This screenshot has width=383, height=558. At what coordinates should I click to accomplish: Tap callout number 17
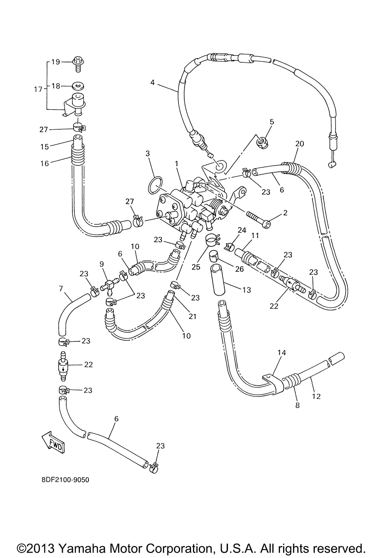(x=38, y=89)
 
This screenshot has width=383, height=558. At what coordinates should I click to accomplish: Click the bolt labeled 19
(x=78, y=64)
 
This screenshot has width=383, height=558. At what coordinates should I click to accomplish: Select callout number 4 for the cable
(x=152, y=82)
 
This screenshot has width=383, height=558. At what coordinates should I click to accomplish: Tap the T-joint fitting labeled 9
(x=110, y=284)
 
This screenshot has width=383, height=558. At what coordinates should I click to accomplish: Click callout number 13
(x=246, y=290)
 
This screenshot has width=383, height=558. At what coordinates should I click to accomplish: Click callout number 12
(x=316, y=396)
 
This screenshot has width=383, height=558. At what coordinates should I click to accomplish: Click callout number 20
(x=300, y=144)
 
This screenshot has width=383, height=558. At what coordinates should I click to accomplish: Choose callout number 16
(x=45, y=163)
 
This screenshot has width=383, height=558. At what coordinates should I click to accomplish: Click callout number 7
(x=61, y=289)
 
